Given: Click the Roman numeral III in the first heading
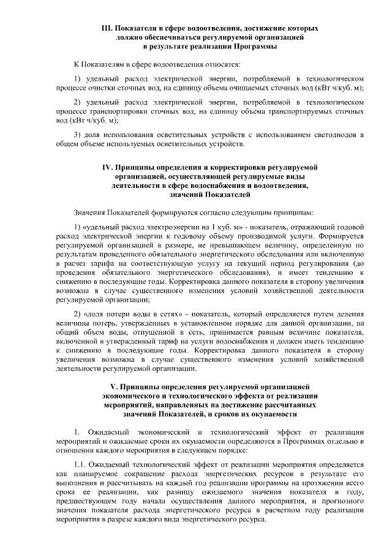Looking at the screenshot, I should click(x=107, y=29).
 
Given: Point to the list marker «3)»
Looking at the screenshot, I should click(x=77, y=134).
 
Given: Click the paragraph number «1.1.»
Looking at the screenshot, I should click(x=80, y=465).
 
